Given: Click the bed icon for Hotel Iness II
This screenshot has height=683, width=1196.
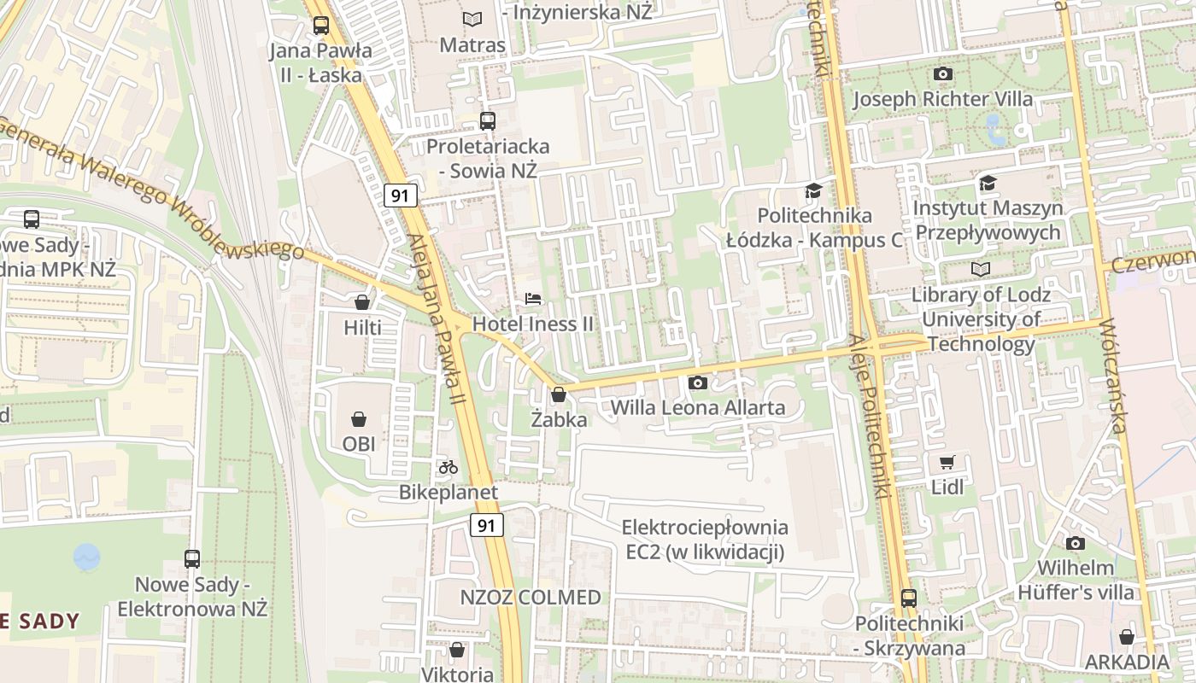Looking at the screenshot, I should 533,299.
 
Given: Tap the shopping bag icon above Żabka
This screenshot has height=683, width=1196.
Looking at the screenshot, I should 559,394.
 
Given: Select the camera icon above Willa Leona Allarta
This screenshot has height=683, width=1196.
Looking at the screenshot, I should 697,382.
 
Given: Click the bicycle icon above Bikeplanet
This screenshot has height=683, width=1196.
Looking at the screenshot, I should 448,467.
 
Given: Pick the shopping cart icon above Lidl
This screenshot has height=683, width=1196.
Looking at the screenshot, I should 947,462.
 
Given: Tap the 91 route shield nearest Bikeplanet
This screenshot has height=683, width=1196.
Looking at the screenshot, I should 486,525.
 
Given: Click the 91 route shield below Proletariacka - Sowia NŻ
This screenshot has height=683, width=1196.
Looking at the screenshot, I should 400,196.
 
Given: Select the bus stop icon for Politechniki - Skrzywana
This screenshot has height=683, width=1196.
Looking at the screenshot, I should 909,598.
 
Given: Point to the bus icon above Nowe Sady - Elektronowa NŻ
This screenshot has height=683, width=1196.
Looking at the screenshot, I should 192,559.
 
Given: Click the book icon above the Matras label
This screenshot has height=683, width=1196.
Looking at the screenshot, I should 472,19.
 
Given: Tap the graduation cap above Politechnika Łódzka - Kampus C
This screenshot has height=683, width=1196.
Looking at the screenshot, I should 813,190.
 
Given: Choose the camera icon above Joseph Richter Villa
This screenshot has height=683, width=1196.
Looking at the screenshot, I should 943,74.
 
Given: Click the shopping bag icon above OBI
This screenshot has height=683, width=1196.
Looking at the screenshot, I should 359,419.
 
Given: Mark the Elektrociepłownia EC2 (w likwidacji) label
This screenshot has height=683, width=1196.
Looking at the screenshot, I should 705,540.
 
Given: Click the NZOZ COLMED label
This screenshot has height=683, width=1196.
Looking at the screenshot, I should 531,598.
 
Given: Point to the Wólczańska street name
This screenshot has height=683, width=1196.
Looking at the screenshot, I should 1121,376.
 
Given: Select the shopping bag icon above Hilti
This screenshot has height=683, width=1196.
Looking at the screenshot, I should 362,302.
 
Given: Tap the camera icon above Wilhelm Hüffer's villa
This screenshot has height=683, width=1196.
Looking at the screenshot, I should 1076,543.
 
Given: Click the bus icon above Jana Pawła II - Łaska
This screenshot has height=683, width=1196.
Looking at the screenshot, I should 320,26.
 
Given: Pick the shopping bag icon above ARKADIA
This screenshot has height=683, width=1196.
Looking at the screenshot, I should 1127,637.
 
